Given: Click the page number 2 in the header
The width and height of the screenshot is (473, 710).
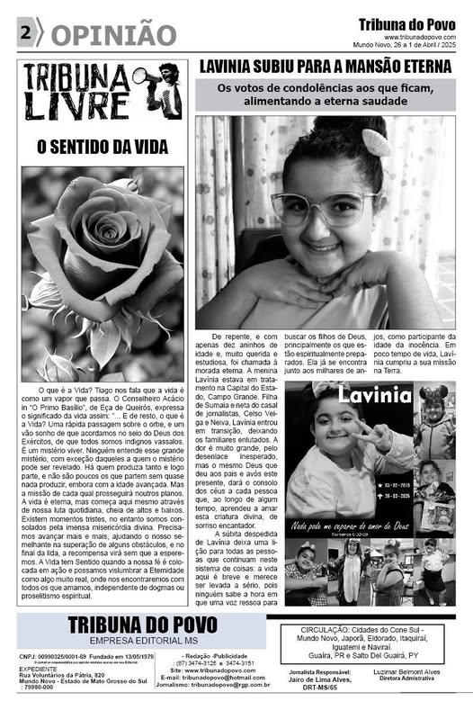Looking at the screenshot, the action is [x=23, y=32].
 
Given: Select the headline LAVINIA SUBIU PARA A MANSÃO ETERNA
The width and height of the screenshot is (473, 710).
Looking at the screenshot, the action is [x=325, y=67].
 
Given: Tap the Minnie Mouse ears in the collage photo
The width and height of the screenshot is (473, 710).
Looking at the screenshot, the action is [x=434, y=393].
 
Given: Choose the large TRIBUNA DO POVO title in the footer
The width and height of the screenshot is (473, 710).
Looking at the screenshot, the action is [x=141, y=624].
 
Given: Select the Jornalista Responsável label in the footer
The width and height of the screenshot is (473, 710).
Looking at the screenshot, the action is [x=314, y=672].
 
